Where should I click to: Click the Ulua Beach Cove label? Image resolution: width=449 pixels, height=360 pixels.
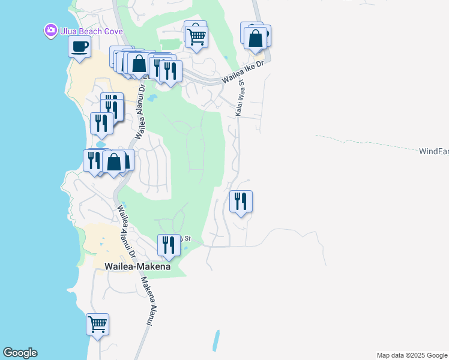pos(91,31)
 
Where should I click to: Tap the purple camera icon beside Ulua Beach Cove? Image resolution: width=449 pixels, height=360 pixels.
pos(50,30)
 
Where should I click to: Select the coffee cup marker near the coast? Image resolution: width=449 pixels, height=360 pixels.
pos(80,47)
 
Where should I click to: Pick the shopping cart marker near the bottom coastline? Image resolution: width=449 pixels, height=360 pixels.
pos(97,325)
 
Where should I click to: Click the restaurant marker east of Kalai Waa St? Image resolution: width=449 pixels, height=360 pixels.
pos(241,202)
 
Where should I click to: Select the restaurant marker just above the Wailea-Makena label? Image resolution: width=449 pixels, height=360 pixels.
pos(169,245)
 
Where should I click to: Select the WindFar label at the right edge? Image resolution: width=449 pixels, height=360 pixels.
pos(433,152)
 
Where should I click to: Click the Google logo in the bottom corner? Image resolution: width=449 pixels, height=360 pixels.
pos(20,353)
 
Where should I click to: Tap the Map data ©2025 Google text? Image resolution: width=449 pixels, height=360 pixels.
pos(411,355)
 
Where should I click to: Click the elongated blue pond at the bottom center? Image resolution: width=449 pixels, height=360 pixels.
pos(216,341)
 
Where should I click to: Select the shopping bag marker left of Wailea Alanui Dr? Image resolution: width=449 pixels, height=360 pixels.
pos(113,162)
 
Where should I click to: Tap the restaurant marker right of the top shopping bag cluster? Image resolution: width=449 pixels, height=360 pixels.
pos(171,71)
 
